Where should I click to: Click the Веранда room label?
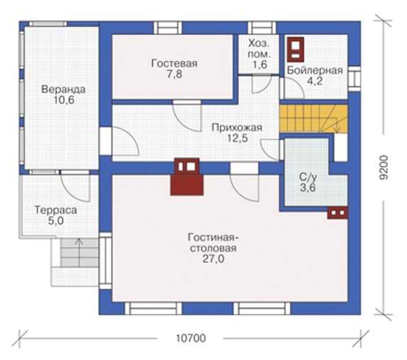[x=63, y=89]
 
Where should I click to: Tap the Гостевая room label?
[x=174, y=63]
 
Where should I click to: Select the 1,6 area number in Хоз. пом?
[x=260, y=65]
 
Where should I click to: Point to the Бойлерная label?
[x=315, y=70]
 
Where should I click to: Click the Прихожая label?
[x=237, y=128]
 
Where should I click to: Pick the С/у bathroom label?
[x=308, y=178]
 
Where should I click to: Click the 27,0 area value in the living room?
[x=213, y=259]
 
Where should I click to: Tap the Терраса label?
[x=56, y=210]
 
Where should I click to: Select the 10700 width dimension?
[x=191, y=339]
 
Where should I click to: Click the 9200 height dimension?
[x=384, y=168]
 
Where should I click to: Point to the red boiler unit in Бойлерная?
[x=295, y=49]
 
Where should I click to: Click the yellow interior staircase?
[x=313, y=119]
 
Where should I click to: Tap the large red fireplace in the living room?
[x=187, y=177]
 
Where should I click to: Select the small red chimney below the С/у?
[x=337, y=213]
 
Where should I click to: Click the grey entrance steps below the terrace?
[x=80, y=253]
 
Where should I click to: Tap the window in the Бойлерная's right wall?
[x=354, y=79]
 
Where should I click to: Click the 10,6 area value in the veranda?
[x=64, y=100]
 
